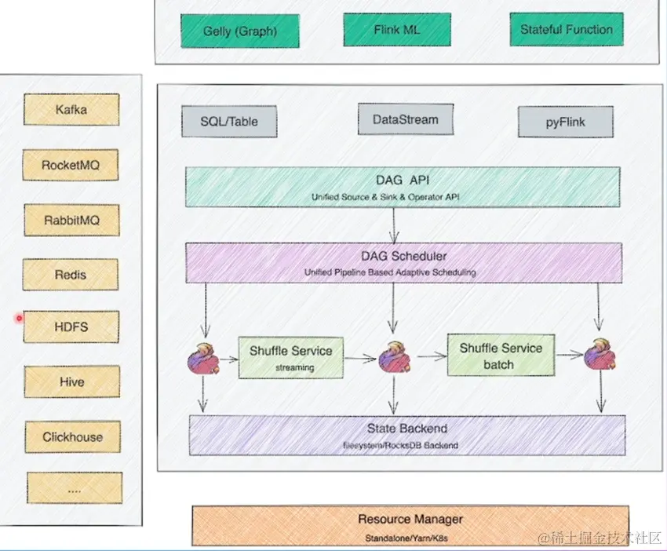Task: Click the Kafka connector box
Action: [x=71, y=110]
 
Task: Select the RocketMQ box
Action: [x=71, y=166]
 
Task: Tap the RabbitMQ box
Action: [x=71, y=221]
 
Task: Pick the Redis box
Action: [x=71, y=275]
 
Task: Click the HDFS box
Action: [x=71, y=327]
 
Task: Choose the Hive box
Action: [x=71, y=382]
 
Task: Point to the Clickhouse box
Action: [x=72, y=437]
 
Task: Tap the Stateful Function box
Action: [x=566, y=30]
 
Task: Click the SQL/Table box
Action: [x=228, y=122]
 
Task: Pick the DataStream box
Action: [x=405, y=120]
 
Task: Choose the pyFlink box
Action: [x=565, y=122]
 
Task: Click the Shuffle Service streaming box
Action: [x=290, y=357]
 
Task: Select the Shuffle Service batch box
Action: [x=500, y=355]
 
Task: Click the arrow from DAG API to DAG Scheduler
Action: [x=394, y=227]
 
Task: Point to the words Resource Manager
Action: [x=410, y=520]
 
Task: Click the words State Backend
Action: [x=407, y=429]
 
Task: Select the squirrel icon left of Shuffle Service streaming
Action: [x=202, y=360]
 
